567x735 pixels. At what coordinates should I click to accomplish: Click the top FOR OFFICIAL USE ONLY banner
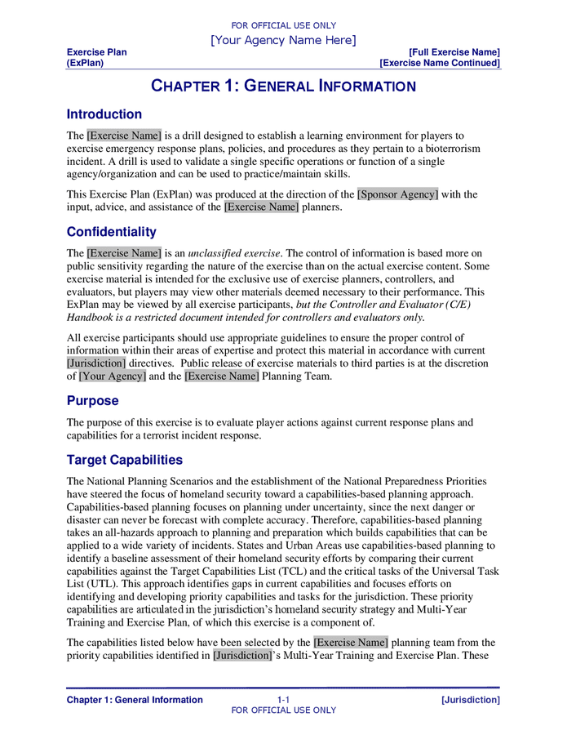click(283, 25)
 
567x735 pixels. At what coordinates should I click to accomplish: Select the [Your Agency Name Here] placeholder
click(283, 40)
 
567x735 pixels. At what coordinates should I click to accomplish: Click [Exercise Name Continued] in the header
click(440, 63)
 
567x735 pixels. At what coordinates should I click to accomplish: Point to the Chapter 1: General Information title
click(283, 87)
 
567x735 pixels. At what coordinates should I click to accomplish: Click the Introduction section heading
click(104, 114)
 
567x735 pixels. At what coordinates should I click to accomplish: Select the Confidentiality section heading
click(112, 232)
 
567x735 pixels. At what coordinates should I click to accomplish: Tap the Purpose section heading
click(93, 401)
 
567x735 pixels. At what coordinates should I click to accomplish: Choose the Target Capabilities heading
click(125, 460)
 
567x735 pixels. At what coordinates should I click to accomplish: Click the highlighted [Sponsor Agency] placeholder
click(398, 194)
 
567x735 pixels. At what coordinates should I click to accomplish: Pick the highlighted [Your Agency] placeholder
click(113, 376)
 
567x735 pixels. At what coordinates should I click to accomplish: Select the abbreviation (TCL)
click(304, 572)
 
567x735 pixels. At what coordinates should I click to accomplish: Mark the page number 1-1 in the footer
click(283, 700)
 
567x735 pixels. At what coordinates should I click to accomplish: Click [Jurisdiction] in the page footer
click(470, 700)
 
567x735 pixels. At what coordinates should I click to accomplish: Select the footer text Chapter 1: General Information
click(135, 700)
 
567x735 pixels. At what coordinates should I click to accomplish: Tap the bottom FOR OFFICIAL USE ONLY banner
click(283, 710)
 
